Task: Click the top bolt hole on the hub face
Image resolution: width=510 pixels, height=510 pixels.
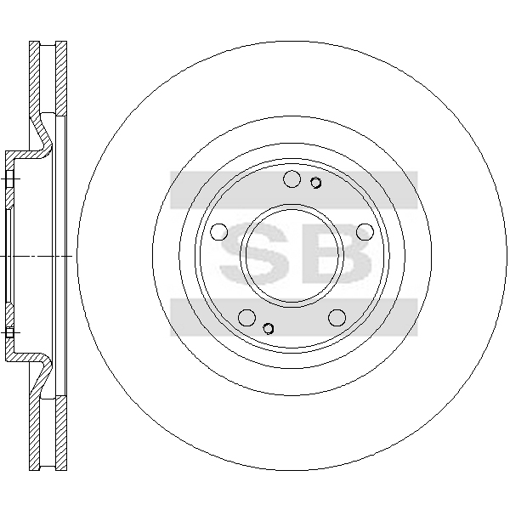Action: point(292,178)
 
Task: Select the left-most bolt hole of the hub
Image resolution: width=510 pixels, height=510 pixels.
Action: point(219,232)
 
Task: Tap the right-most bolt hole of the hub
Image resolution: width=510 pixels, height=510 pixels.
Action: point(365,232)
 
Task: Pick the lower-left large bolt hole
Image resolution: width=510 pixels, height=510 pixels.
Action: point(246,317)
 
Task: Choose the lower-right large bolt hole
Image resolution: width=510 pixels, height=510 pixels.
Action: point(337,317)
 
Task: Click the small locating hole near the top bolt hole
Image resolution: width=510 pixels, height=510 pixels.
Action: point(315,183)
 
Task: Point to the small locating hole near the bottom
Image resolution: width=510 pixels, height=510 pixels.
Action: point(269,328)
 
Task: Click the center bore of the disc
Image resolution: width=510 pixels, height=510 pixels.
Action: point(292,256)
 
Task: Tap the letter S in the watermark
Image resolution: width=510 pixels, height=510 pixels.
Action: point(255,252)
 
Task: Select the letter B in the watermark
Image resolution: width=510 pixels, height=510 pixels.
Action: point(337,252)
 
